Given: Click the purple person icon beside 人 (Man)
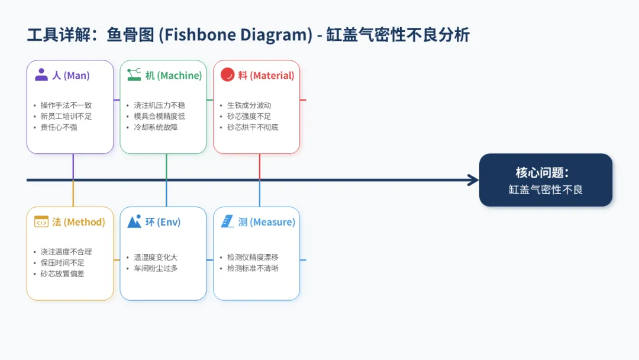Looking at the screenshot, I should click(x=41, y=75).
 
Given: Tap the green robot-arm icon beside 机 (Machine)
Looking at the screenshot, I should click(x=134, y=75).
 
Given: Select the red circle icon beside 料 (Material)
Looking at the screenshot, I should click(x=227, y=75).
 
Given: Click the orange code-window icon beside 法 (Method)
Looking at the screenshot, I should click(x=41, y=222).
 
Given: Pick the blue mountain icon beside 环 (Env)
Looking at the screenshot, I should click(x=134, y=222).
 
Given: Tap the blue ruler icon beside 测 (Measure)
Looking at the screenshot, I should click(x=228, y=222).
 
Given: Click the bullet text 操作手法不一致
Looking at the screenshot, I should click(x=66, y=105).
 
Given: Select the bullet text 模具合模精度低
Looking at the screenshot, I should click(x=159, y=116).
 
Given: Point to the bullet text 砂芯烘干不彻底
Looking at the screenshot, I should click(x=253, y=127).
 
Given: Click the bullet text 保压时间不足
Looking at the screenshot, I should click(x=62, y=263).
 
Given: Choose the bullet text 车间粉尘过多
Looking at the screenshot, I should click(x=156, y=268).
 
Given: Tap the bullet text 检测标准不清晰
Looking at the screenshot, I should click(x=253, y=268).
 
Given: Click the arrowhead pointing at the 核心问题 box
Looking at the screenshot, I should click(x=473, y=180).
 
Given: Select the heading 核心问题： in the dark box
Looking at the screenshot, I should click(x=543, y=173).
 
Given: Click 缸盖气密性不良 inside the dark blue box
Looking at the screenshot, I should click(x=546, y=190).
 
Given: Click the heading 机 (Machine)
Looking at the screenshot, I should click(x=173, y=76).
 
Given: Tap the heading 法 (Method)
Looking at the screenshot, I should click(x=78, y=222).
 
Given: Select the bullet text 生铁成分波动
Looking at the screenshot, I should click(x=249, y=105).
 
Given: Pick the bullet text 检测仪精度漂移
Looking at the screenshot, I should click(x=253, y=258).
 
